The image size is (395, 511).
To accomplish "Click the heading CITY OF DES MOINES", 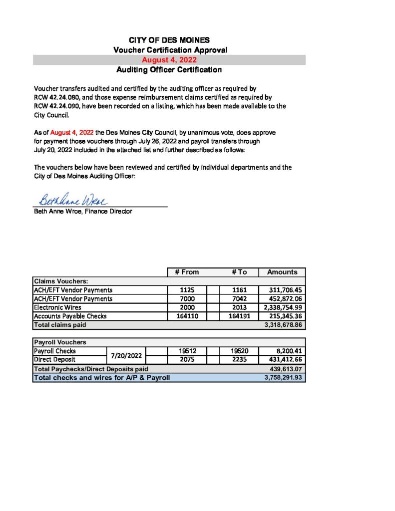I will [169, 40].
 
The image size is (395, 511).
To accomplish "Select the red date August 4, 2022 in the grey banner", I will [169, 60].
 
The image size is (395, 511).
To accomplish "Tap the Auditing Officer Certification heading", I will [169, 70].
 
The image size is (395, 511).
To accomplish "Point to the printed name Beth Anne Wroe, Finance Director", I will [83, 212].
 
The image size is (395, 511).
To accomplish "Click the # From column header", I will [187, 272].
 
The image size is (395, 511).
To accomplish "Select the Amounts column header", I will [282, 272].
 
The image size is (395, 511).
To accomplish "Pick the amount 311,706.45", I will [282, 290].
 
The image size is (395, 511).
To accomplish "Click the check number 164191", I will [239, 316].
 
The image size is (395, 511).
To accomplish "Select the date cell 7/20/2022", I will [126, 355].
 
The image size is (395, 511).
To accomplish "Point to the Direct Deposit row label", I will [54, 359].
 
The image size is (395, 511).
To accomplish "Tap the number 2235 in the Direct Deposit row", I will [239, 359].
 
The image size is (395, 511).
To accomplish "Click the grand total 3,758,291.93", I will [283, 378].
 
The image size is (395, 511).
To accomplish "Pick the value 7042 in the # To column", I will [239, 299].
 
